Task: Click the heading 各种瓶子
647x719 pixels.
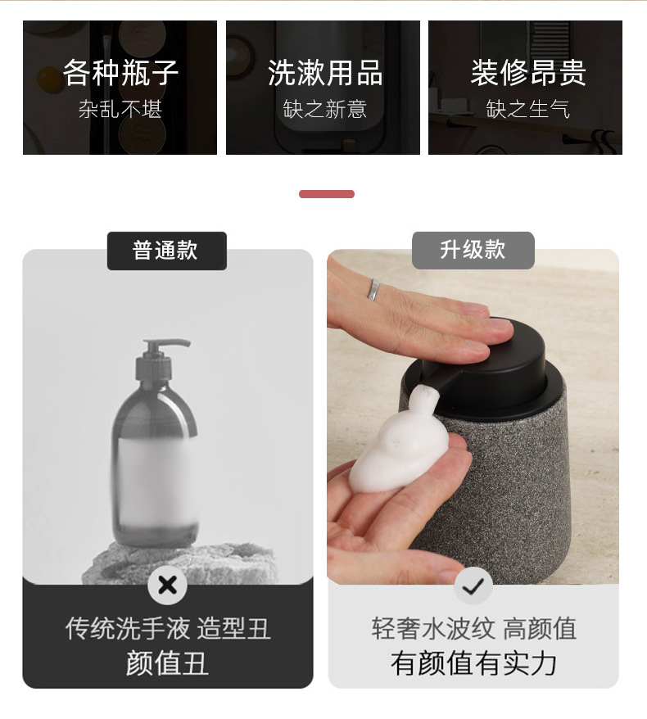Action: [120, 72]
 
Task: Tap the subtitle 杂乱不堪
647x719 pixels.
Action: [120, 110]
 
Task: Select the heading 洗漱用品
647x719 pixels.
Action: [324, 72]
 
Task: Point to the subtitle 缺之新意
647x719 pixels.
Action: [324, 110]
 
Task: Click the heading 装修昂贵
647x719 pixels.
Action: [528, 72]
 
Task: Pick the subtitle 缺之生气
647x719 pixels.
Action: [528, 110]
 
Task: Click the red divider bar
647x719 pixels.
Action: [327, 194]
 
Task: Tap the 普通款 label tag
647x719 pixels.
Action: [167, 251]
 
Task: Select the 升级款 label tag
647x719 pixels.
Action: [473, 251]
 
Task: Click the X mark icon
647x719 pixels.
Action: [167, 585]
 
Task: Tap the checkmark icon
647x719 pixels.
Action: [473, 586]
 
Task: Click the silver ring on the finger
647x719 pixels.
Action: [374, 289]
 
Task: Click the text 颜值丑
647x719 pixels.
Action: [167, 663]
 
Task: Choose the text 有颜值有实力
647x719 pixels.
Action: [473, 663]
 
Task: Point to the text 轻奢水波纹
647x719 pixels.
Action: [433, 628]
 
